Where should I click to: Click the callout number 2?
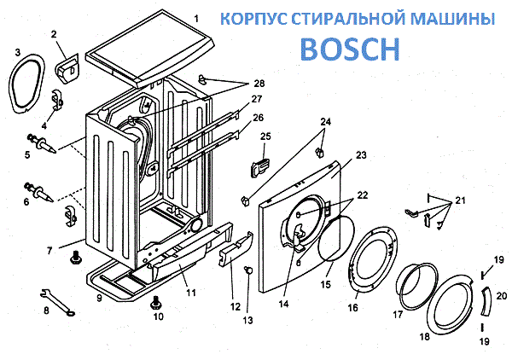pyautogui.click(x=55, y=34)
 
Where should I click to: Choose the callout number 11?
pyautogui.click(x=191, y=293)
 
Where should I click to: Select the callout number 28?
pyautogui.click(x=259, y=83)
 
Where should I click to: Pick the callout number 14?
pyautogui.click(x=282, y=302)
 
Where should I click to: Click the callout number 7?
pyautogui.click(x=50, y=251)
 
